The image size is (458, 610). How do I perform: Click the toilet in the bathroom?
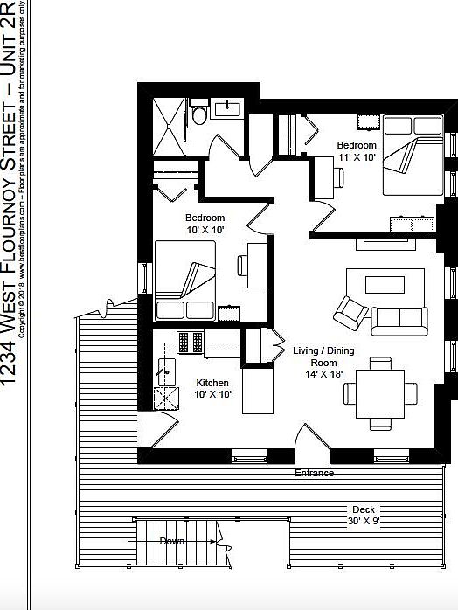[199, 114]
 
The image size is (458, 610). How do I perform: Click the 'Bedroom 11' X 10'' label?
[357, 150]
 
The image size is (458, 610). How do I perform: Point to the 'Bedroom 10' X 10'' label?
[205, 224]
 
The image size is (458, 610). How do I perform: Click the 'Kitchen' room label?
[212, 389]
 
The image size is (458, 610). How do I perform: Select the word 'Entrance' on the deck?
[314, 473]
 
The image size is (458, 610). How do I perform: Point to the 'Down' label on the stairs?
[172, 541]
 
